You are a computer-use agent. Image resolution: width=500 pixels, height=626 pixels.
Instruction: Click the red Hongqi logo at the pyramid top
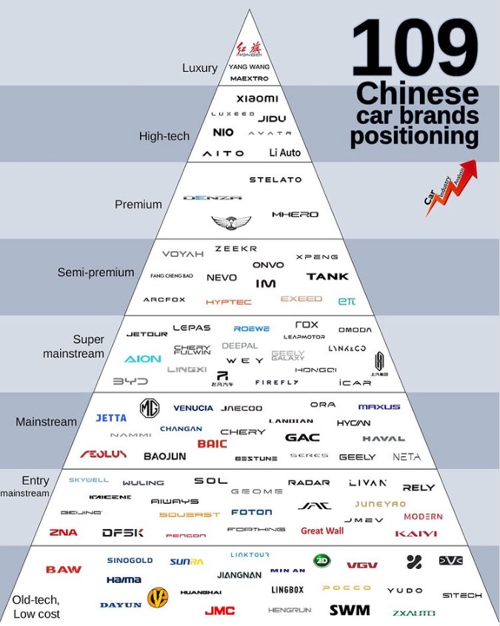pyautogui.click(x=249, y=48)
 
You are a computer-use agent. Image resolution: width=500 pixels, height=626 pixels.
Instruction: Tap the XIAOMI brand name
pyautogui.click(x=257, y=99)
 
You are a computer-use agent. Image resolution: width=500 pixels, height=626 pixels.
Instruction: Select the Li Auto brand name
pyautogui.click(x=285, y=153)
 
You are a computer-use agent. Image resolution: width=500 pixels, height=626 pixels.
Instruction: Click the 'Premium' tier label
pyautogui.click(x=138, y=204)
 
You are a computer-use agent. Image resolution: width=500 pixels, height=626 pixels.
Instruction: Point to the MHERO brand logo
pyautogui.click(x=295, y=214)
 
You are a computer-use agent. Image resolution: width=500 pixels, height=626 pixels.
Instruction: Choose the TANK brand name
pyautogui.click(x=327, y=276)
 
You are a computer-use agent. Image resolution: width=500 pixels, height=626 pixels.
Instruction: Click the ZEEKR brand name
pyautogui.click(x=236, y=249)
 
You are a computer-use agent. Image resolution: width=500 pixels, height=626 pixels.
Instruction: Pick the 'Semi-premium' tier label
pyautogui.click(x=96, y=273)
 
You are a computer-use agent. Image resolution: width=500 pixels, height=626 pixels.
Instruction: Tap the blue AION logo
pyautogui.click(x=142, y=359)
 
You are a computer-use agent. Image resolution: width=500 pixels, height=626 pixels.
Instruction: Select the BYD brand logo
pyautogui.click(x=130, y=382)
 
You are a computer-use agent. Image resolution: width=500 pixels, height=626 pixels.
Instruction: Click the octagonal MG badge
pyautogui.click(x=150, y=407)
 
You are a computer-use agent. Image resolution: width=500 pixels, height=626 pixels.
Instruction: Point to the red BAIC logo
pyautogui.click(x=212, y=444)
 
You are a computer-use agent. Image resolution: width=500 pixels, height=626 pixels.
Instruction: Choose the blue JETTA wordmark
pyautogui.click(x=111, y=418)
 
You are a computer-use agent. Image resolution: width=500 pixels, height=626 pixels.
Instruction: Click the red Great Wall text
pyautogui.click(x=322, y=530)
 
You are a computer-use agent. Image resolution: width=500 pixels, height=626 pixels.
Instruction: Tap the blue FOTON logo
pyautogui.click(x=251, y=512)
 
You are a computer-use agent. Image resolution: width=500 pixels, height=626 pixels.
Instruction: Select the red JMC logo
pyautogui.click(x=220, y=610)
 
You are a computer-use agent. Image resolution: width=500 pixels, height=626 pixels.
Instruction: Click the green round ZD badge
pyautogui.click(x=321, y=561)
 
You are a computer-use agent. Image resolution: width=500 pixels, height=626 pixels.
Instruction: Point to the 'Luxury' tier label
pyautogui.click(x=200, y=68)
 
